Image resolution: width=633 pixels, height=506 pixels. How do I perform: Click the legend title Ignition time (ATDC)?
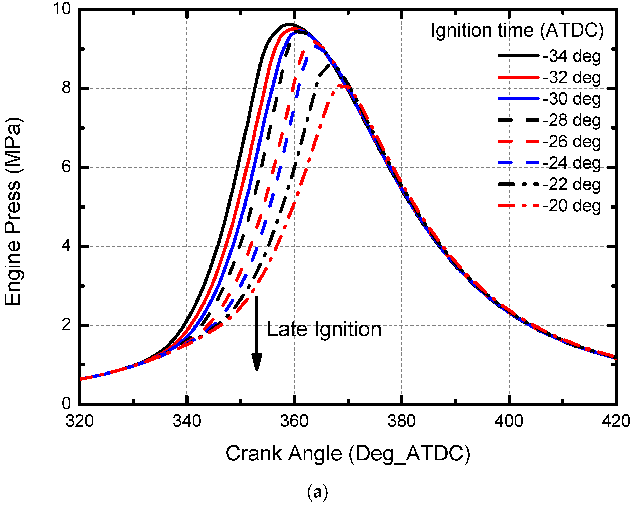point(517,31)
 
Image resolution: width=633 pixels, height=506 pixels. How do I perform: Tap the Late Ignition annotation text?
point(324,329)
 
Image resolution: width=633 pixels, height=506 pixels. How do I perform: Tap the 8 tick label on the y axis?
point(66,88)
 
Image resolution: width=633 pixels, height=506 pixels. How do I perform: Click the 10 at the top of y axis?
point(62,9)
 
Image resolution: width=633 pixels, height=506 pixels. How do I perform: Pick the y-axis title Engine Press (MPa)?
point(13,211)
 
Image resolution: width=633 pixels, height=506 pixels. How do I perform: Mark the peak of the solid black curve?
point(289,24)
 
